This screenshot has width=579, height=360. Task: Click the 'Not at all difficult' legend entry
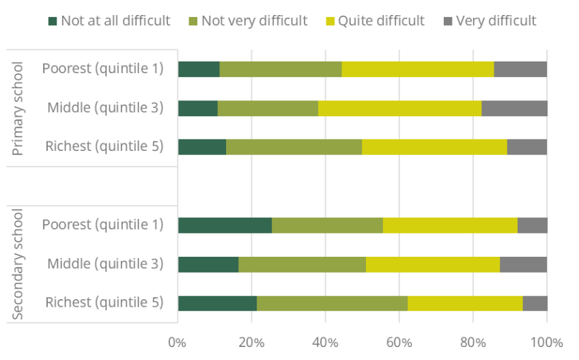pyautogui.click(x=109, y=20)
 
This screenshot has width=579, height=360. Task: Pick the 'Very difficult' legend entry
pyautogui.click(x=490, y=20)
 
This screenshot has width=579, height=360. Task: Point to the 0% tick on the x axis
pyautogui.click(x=178, y=341)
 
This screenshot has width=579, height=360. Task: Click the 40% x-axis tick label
pyautogui.click(x=325, y=341)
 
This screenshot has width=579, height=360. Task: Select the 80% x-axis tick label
pyautogui.click(x=472, y=341)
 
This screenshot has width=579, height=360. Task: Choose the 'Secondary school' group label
pyautogui.click(x=18, y=264)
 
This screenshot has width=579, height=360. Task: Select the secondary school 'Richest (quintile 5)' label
pyautogui.click(x=104, y=302)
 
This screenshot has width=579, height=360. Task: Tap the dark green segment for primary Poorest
pyautogui.click(x=199, y=69)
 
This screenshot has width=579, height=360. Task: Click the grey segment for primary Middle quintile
pyautogui.click(x=514, y=108)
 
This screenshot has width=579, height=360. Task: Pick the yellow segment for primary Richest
pyautogui.click(x=434, y=146)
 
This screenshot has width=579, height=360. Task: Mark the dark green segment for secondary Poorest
pyautogui.click(x=225, y=225)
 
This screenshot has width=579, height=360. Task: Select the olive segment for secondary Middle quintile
pyautogui.click(x=302, y=264)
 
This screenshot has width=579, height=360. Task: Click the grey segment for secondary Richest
pyautogui.click(x=535, y=303)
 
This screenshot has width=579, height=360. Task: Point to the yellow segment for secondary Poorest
pyautogui.click(x=450, y=225)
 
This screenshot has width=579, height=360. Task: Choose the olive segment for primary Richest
pyautogui.click(x=294, y=146)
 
